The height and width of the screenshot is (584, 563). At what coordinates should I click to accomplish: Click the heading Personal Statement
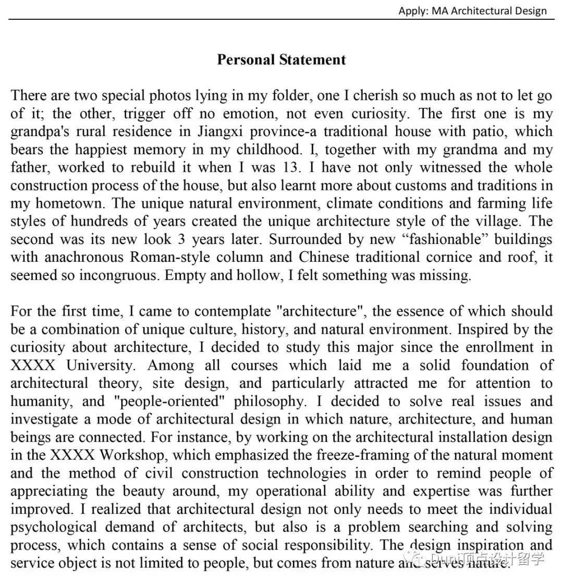[281, 59]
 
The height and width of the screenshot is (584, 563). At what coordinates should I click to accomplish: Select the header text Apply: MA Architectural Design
[472, 10]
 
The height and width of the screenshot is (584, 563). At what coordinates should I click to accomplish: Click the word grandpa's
[37, 131]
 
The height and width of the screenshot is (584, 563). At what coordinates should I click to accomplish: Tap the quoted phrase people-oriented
[169, 401]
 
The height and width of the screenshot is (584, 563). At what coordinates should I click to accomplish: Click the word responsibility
[323, 545]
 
